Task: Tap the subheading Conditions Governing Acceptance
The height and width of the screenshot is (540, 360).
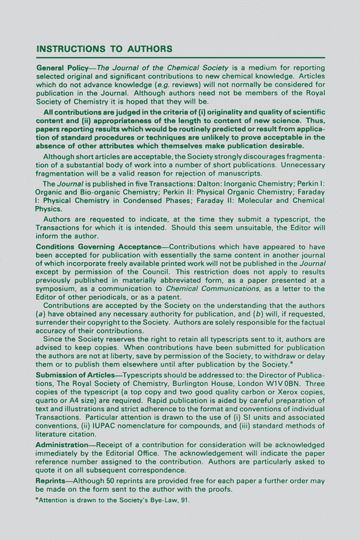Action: (97, 246)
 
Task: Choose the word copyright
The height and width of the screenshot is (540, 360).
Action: (107, 324)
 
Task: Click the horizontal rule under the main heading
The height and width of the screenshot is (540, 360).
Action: (180, 57)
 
